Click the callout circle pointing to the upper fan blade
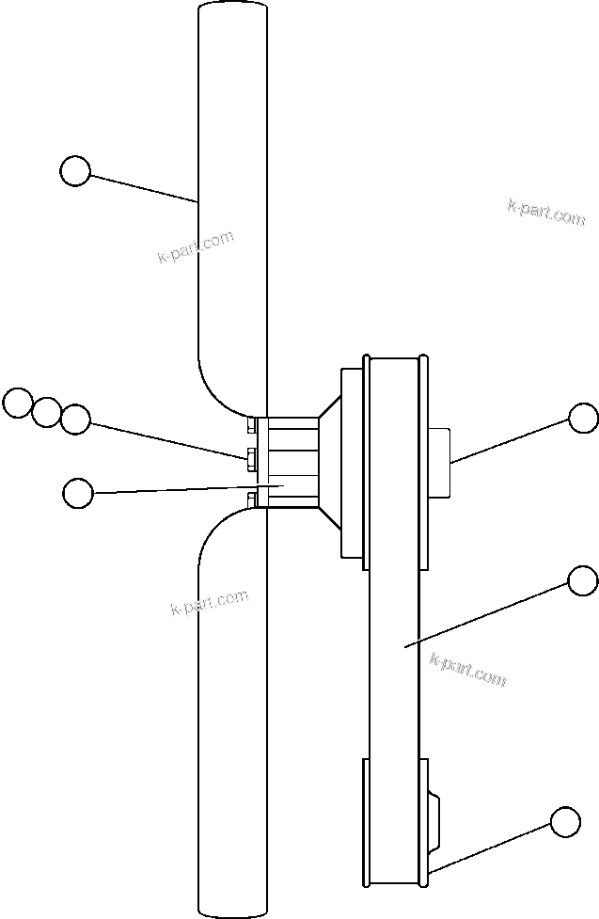(x=75, y=171)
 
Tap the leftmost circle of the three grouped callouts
(x=17, y=403)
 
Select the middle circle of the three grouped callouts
(x=46, y=411)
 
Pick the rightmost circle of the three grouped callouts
(x=75, y=419)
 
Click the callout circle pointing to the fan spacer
(x=77, y=491)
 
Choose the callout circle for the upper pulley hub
(x=583, y=418)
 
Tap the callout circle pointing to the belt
(x=583, y=580)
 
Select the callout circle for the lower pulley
(x=565, y=821)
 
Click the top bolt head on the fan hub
(x=251, y=424)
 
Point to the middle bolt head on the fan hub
(x=251, y=459)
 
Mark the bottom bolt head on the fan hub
(x=251, y=499)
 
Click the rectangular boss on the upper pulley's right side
(x=440, y=462)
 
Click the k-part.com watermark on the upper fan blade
(x=195, y=247)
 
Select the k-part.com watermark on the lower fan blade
(x=210, y=602)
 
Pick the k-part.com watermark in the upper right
(x=545, y=212)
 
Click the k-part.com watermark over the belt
(x=467, y=669)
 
